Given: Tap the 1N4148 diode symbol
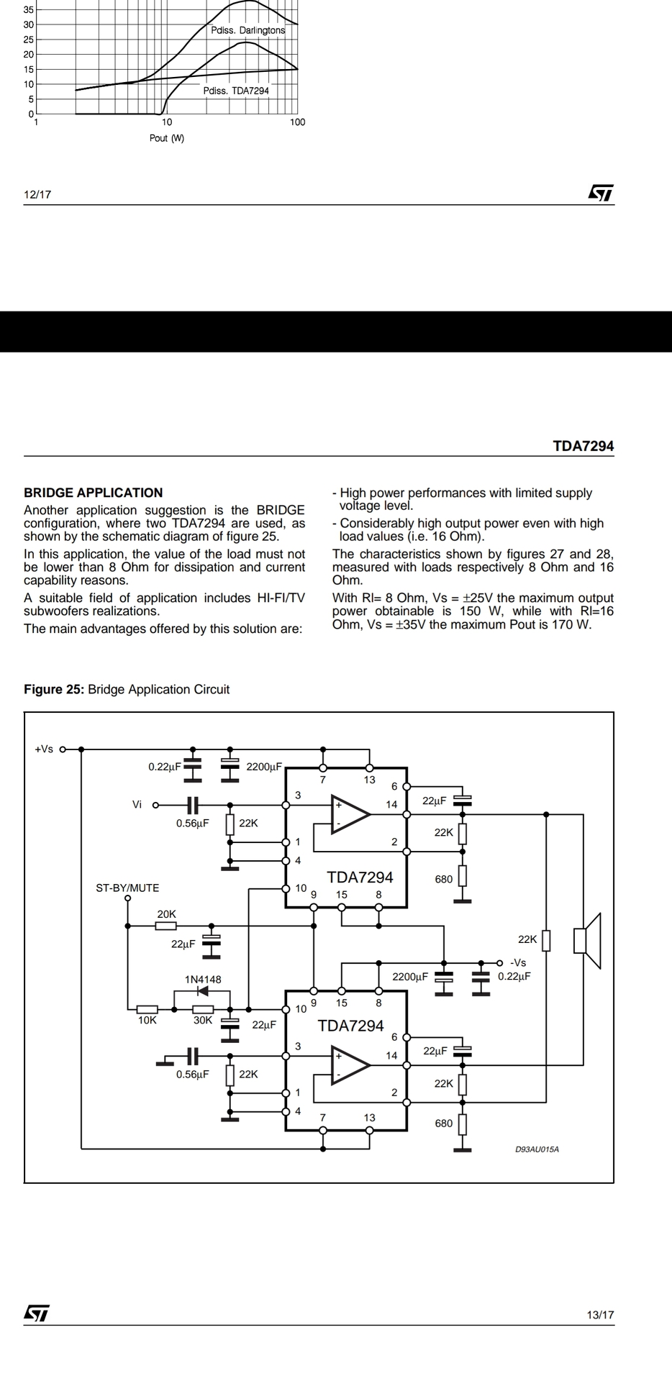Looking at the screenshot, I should point(202,991).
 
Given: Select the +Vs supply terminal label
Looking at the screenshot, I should point(44,749).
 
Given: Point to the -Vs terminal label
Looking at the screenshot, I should point(518,962).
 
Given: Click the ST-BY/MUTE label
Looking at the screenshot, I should point(127,888).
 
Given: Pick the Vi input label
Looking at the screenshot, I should point(137,804).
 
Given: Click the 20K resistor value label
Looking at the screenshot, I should point(166,914).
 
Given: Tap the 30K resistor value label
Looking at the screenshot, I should point(203,1020).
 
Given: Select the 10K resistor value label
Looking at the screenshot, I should point(147,1020).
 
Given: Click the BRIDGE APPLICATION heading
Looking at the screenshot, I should point(93,493).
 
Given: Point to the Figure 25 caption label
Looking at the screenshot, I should point(127,689).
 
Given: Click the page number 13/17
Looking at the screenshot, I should point(600,1315).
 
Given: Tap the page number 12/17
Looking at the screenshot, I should point(37,194).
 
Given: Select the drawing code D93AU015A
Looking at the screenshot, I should point(537,1149).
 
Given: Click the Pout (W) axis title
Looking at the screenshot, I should point(167,138).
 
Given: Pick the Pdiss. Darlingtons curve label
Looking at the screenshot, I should point(248,30).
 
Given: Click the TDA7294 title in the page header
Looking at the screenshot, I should point(583,446).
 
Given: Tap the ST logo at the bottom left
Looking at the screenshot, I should point(37,1313).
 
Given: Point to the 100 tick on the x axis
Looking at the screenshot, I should point(297,122).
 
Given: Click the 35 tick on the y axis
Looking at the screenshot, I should point(28,9).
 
